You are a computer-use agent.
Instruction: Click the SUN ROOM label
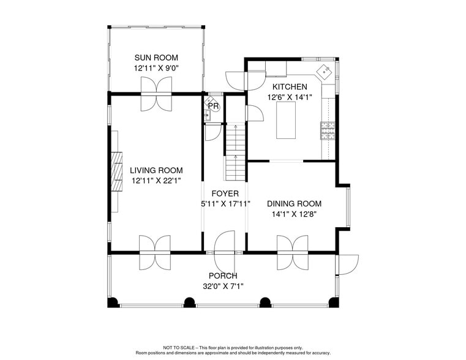coord(156,58)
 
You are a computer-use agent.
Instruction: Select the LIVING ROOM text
coord(156,170)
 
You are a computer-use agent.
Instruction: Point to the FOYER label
coord(225,193)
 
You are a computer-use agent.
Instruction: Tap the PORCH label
coord(223,276)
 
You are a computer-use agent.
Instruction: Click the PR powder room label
coord(213,107)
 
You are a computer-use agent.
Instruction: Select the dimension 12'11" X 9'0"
coord(156,69)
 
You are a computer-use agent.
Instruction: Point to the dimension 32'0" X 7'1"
coord(223,286)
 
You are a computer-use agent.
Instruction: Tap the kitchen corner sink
coord(324,72)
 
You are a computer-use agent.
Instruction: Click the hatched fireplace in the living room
coord(116,171)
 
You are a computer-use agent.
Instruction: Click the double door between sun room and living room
coord(156,101)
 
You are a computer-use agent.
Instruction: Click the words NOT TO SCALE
coord(179,348)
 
